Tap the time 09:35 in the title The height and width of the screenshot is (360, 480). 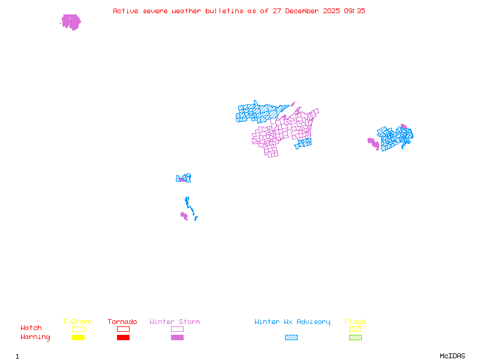354,11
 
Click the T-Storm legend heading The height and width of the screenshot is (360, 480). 77,322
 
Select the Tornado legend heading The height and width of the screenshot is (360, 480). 122,322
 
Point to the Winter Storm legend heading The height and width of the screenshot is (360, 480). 175,322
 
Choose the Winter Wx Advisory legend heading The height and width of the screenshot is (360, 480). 292,322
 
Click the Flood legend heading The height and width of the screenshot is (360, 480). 355,322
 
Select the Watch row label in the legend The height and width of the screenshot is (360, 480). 31,328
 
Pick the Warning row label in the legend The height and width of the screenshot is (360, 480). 35,337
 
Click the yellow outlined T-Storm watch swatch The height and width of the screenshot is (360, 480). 78,329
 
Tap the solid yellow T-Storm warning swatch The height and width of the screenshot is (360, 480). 78,337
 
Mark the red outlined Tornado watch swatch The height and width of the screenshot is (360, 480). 123,329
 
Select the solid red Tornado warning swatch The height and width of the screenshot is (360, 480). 123,337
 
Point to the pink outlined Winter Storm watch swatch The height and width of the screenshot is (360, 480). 177,329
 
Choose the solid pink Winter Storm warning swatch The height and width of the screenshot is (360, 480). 177,337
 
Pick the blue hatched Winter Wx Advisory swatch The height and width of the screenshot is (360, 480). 291,337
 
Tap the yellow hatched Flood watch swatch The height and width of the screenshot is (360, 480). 355,329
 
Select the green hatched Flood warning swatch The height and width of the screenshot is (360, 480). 355,337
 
